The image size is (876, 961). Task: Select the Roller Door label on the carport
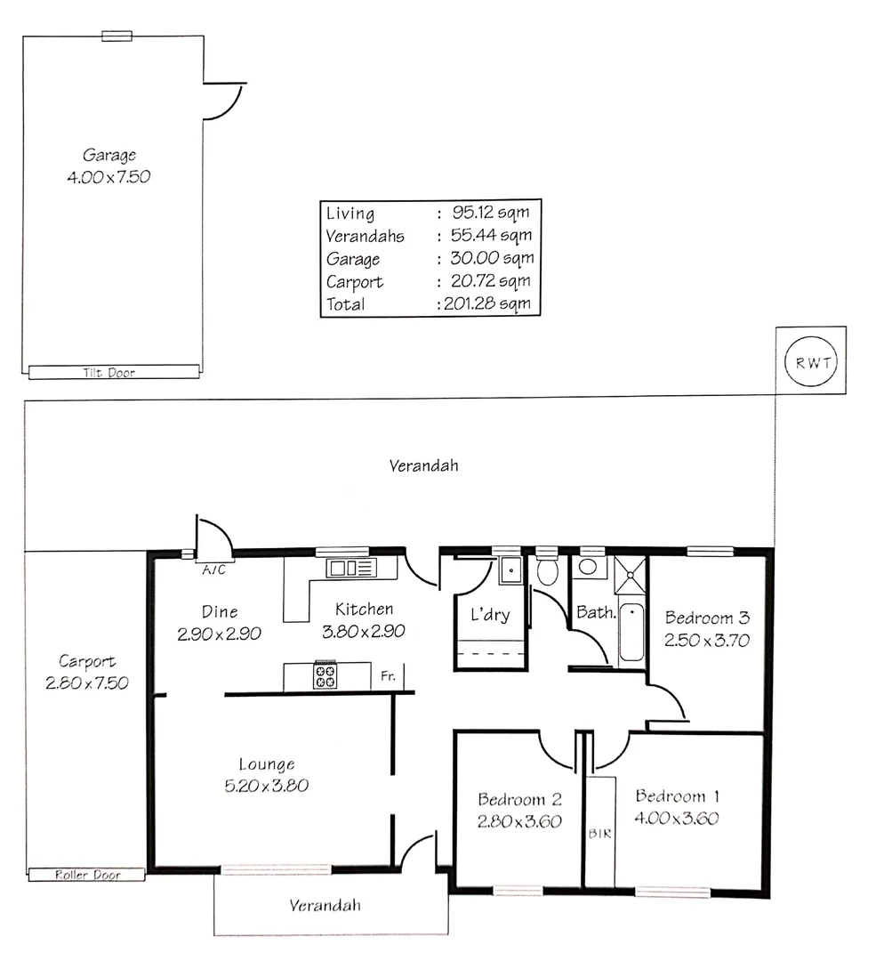[x=87, y=875]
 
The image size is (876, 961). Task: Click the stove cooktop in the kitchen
[x=325, y=676]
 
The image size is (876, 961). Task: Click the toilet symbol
[x=548, y=570]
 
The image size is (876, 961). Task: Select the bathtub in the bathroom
[x=631, y=631]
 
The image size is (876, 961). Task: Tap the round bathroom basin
[x=588, y=567]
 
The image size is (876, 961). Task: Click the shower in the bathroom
[x=631, y=575]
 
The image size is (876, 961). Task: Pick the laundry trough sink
[x=510, y=569]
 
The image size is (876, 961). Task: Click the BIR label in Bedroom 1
[x=599, y=835]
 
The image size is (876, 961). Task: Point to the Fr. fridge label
[x=389, y=676]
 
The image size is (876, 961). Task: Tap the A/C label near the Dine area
[x=213, y=570]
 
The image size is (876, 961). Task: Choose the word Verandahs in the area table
[x=365, y=237]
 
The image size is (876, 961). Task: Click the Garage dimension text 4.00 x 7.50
[x=108, y=176]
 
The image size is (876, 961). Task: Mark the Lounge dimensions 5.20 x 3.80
[x=266, y=786]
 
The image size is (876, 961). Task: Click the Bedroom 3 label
[x=707, y=618]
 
